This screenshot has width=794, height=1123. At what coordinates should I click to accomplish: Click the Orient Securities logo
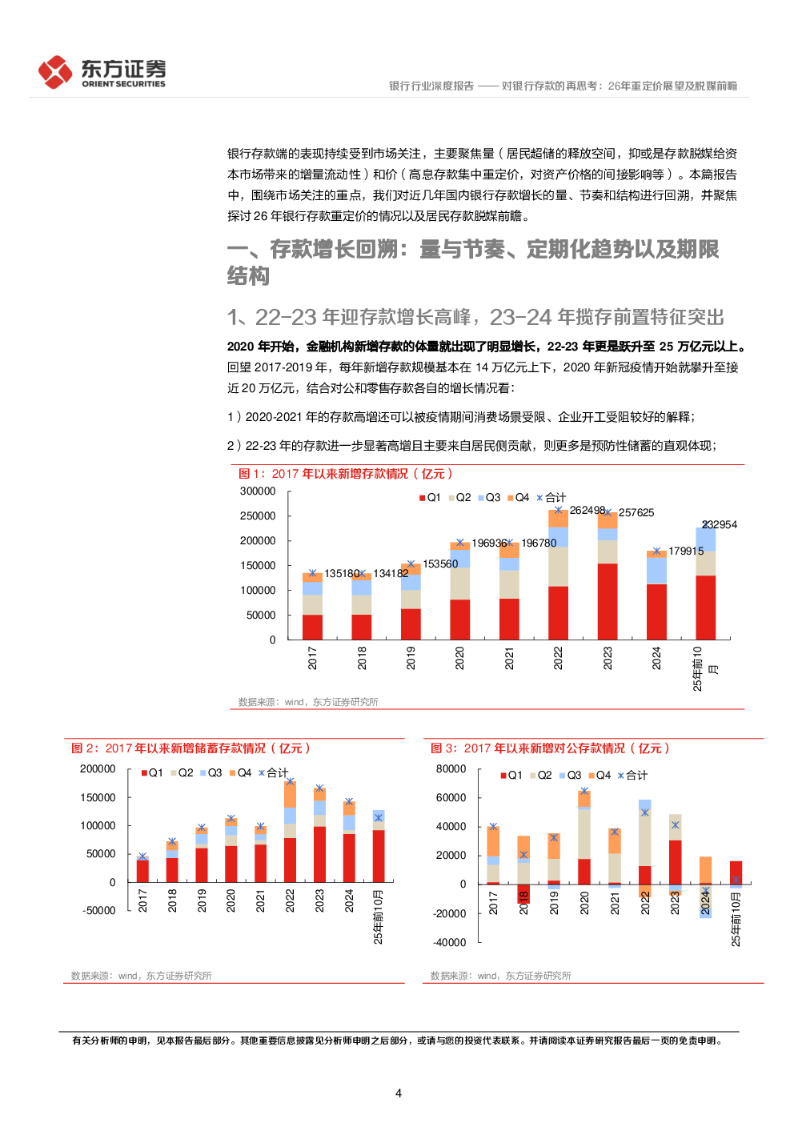(x=102, y=72)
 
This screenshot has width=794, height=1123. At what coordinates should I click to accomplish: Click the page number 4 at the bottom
(x=399, y=1093)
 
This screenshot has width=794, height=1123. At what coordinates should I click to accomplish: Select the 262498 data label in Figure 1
(x=587, y=511)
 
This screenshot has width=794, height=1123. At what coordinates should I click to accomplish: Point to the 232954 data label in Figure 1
(x=720, y=525)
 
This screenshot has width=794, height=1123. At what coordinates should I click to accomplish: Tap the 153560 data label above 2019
(x=440, y=564)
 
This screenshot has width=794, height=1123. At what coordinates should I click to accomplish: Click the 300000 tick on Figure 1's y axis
(x=258, y=491)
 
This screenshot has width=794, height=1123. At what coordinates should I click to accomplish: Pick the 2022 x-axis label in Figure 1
(x=558, y=658)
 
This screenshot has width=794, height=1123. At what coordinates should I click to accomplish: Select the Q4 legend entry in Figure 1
(x=518, y=498)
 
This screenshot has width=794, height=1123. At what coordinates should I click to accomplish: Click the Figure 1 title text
(x=346, y=474)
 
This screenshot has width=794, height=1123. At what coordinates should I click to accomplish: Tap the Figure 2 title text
(x=190, y=748)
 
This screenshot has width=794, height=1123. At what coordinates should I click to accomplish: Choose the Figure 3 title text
(x=550, y=748)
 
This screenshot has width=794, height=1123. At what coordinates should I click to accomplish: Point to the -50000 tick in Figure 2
(x=99, y=911)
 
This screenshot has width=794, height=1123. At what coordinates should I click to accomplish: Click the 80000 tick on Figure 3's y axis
(x=451, y=769)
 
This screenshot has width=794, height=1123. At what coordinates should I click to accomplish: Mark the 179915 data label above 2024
(x=686, y=551)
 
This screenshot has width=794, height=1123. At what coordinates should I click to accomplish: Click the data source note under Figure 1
(x=308, y=702)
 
